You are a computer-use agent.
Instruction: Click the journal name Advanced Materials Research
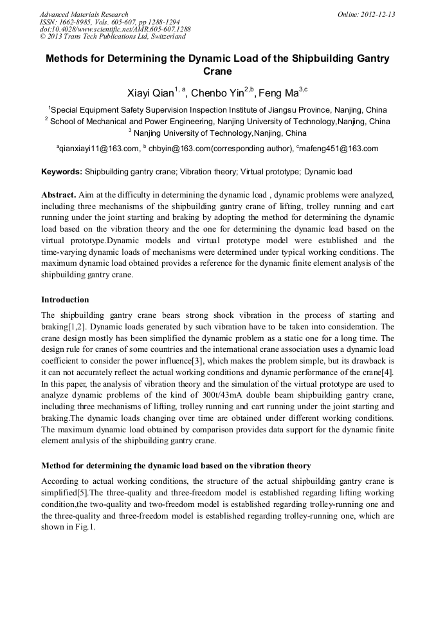(x=84, y=14)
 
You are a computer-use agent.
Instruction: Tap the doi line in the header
(x=115, y=30)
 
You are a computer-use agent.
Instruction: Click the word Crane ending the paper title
(x=217, y=71)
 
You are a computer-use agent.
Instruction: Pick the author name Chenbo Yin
(x=217, y=93)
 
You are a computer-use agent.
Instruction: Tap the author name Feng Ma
(x=279, y=93)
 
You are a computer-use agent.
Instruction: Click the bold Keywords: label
(x=62, y=172)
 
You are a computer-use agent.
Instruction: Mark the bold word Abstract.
(x=59, y=194)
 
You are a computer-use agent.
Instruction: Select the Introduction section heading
(x=65, y=300)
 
